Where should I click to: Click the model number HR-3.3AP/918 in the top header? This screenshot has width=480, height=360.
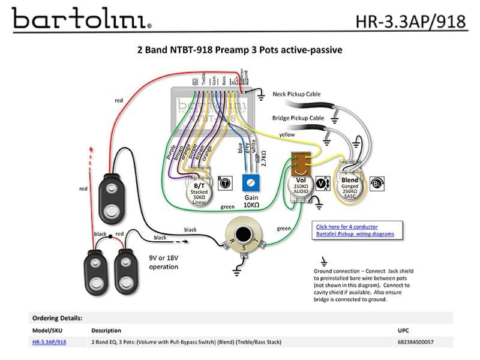(410, 22)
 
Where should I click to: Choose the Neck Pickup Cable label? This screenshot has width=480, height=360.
(296, 94)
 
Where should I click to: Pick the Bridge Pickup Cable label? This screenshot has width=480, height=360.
(298, 118)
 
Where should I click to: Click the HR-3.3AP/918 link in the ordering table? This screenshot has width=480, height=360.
(49, 342)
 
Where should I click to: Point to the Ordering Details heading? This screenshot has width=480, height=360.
(57, 318)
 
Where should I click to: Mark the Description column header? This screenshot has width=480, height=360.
(106, 331)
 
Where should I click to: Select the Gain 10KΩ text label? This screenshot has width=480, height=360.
(251, 202)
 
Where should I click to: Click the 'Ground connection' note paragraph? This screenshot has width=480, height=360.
(364, 285)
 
